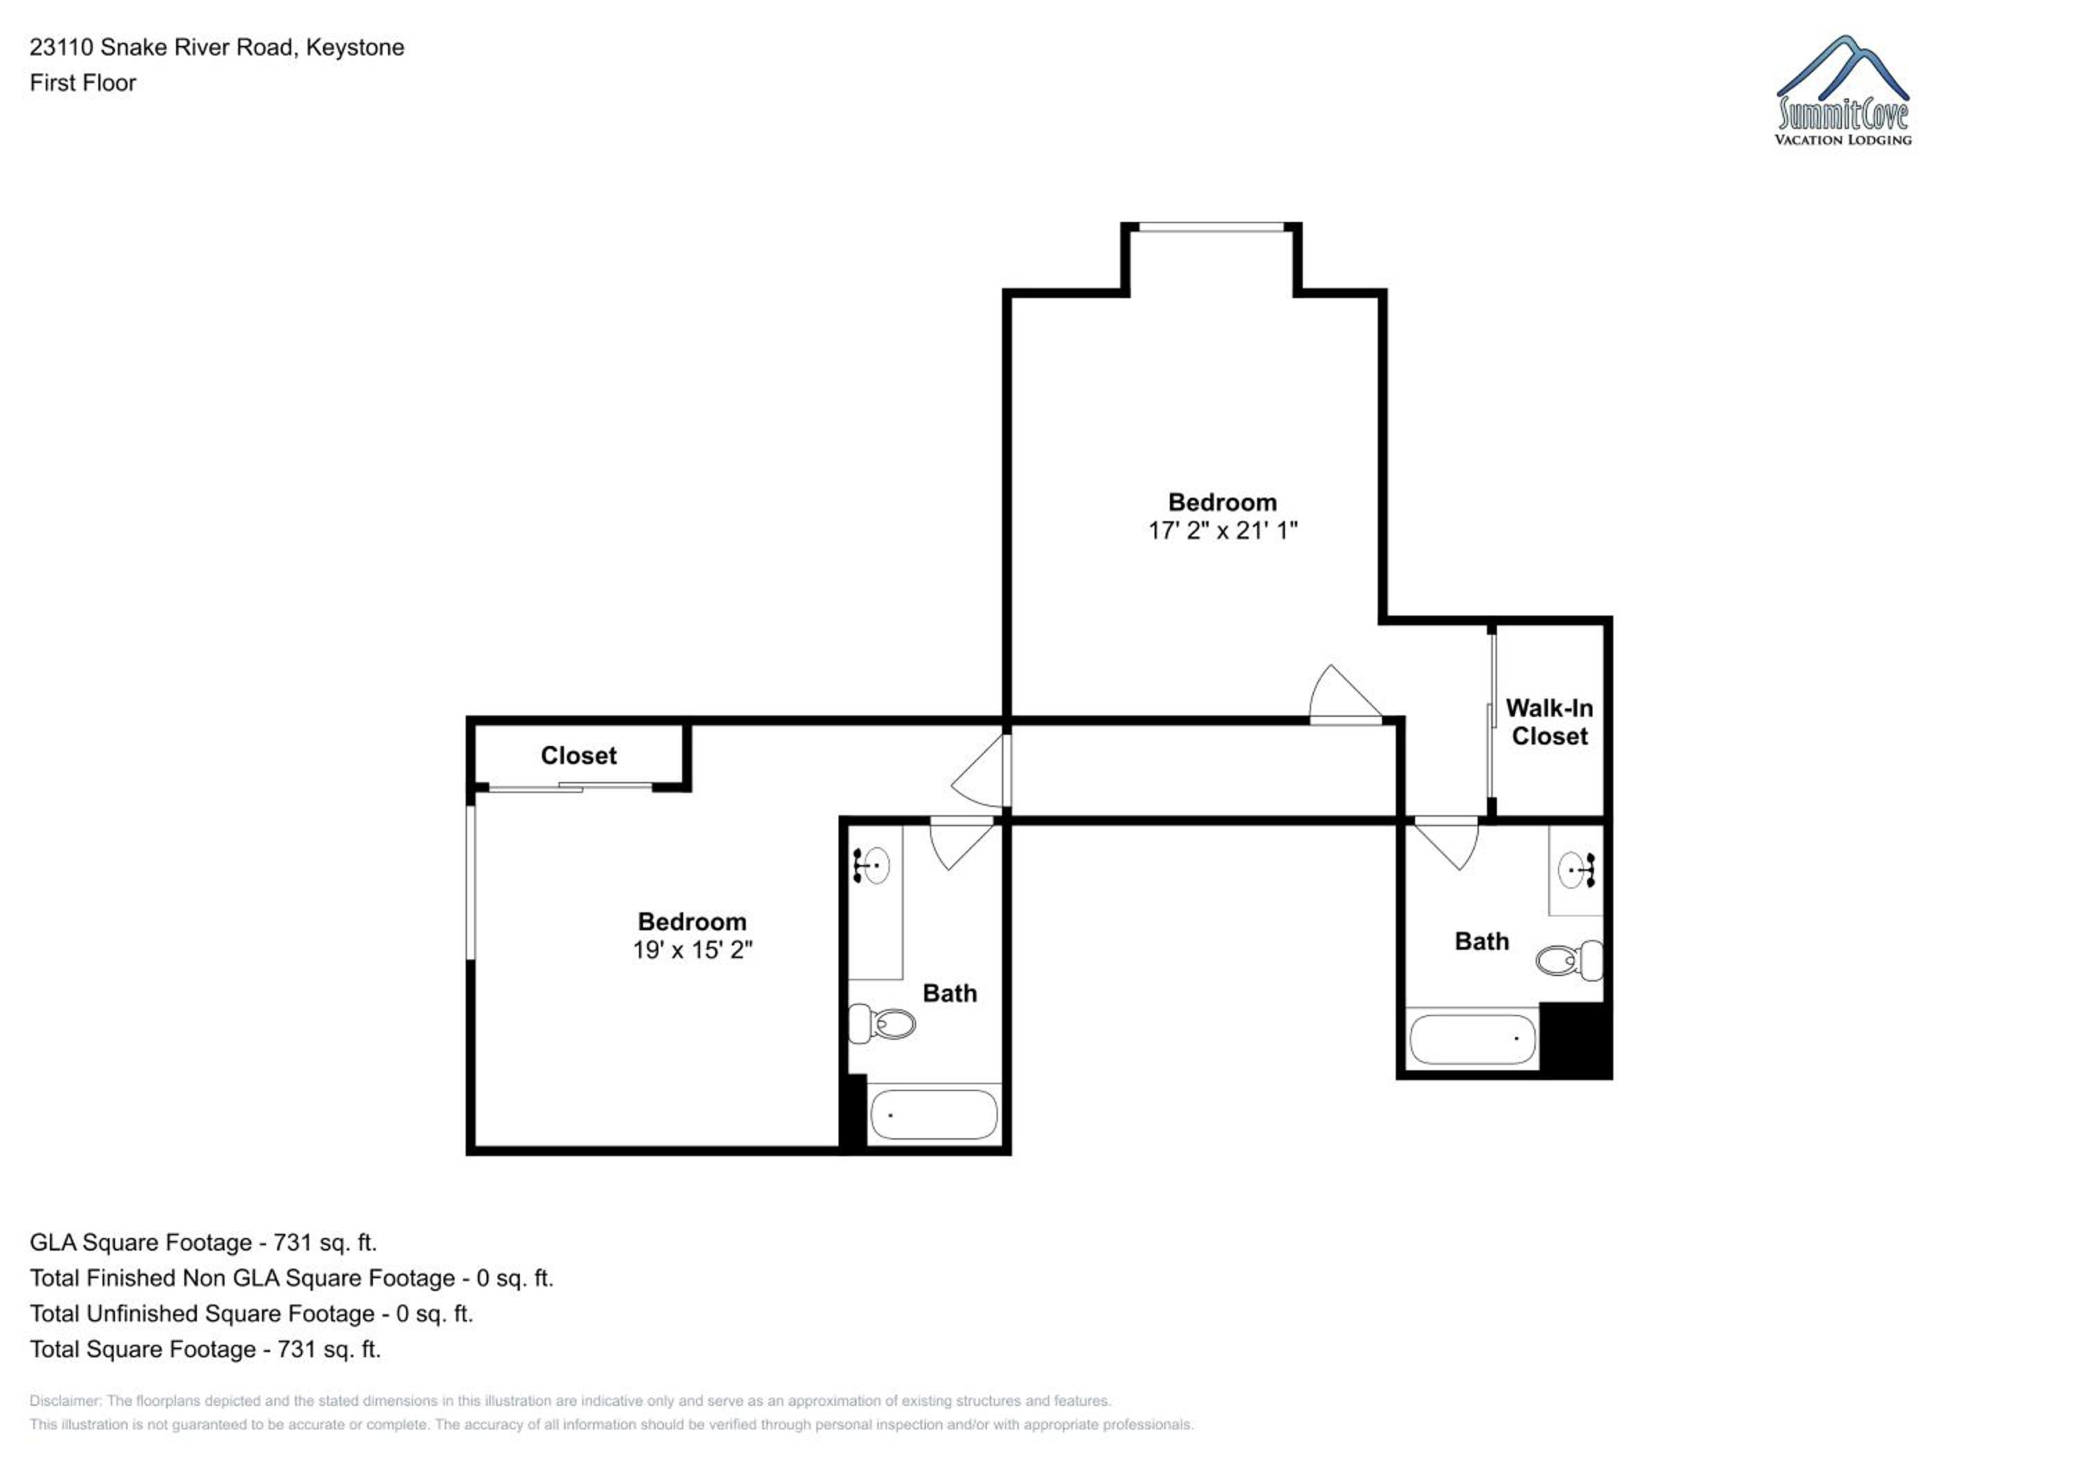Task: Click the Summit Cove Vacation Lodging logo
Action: (x=1843, y=91)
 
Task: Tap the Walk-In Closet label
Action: (x=1550, y=722)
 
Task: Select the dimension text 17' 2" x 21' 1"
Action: (x=1222, y=531)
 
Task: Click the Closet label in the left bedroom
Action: (x=579, y=756)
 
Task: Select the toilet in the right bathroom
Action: (x=1569, y=960)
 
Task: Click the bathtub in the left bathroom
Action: (x=933, y=1114)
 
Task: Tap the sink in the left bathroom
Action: (x=871, y=865)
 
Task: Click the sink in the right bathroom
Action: (x=1577, y=871)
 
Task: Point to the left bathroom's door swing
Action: (x=963, y=842)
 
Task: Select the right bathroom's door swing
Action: (x=1447, y=842)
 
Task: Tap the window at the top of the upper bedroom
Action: (x=1211, y=227)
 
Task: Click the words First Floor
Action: (x=82, y=82)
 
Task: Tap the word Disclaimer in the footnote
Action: (x=64, y=1400)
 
